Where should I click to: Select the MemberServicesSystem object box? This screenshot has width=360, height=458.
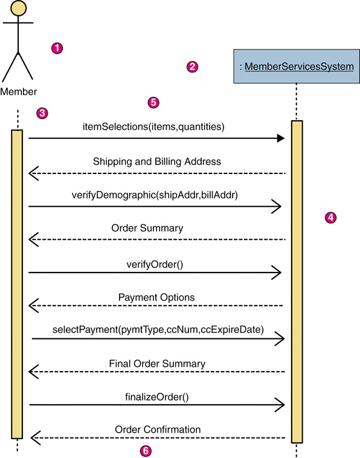coord(297,66)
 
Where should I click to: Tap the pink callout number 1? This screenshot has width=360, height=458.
coord(57,48)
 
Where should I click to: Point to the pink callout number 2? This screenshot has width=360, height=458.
coord(192,67)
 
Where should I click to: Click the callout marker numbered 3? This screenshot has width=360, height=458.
coord(42,113)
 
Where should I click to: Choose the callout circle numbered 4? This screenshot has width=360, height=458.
coord(330,218)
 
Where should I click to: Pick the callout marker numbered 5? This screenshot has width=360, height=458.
coord(153,103)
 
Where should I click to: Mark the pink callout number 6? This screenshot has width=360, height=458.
coord(146,451)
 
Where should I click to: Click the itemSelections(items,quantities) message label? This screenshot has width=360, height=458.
coord(153,127)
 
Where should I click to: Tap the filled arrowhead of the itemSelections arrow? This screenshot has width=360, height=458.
coord(281,138)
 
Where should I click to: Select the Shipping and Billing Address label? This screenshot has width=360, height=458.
coord(157,161)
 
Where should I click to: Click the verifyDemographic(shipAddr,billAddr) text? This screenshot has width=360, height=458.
coord(155,195)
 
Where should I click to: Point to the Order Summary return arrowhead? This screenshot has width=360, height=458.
coord(33,239)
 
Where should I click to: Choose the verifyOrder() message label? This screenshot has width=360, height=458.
coord(155,265)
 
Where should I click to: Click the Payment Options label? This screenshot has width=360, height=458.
coord(156,297)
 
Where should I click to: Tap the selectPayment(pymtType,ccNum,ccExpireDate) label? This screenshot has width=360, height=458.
coord(158,330)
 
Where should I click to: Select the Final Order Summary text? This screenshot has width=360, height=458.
coord(157,364)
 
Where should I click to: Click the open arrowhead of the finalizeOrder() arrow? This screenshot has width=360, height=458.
coord(280,405)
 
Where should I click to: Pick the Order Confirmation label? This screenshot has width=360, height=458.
coord(158,430)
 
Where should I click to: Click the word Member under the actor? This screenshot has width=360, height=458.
coord(18,92)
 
